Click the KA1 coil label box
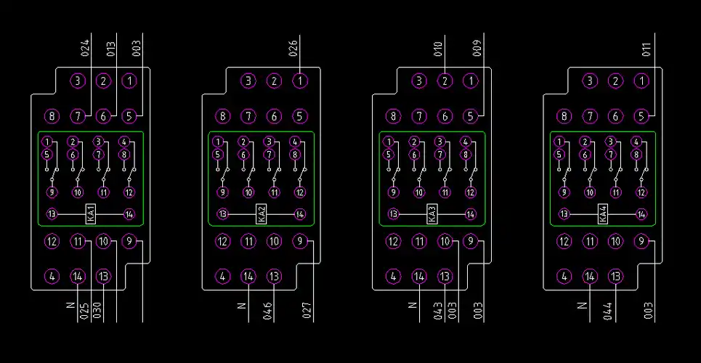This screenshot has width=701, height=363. [x=91, y=214]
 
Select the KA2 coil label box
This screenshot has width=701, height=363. [x=262, y=214]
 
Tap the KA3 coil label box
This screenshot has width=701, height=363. [x=432, y=214]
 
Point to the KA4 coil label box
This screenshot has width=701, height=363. [x=603, y=214]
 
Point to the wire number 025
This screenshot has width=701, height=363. [x=84, y=311]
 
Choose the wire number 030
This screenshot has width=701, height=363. [x=97, y=311]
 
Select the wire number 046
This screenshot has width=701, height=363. [x=267, y=311]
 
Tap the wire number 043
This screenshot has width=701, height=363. [x=438, y=311]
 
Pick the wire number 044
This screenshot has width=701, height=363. [x=609, y=311]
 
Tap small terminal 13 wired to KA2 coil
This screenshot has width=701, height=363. [x=222, y=214]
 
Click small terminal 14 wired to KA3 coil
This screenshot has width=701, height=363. [x=471, y=214]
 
